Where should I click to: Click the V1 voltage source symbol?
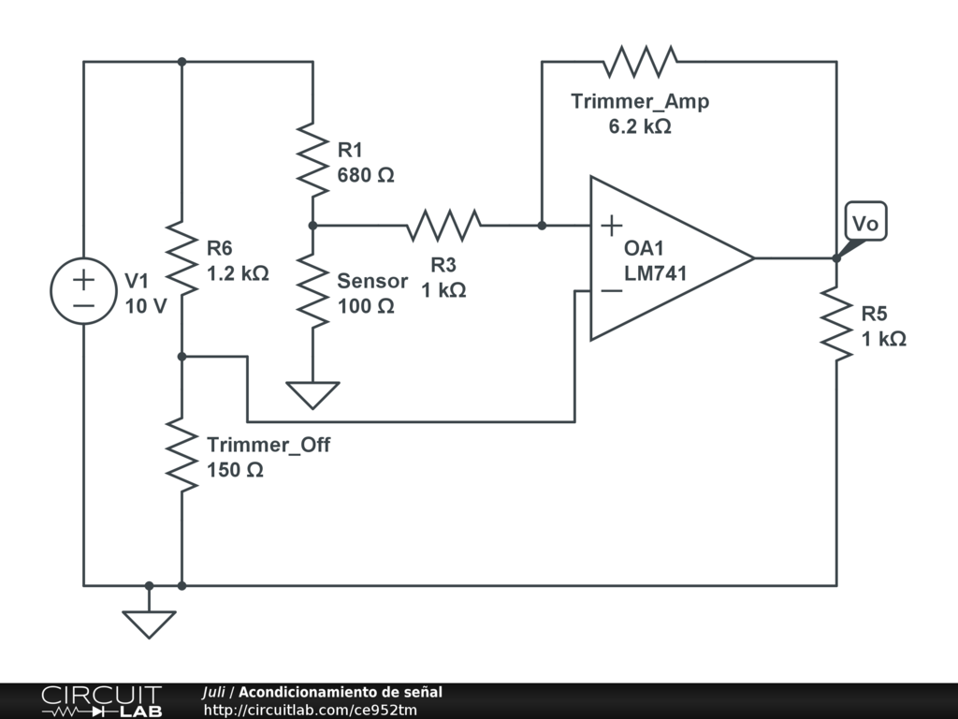84,291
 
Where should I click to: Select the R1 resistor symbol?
312,157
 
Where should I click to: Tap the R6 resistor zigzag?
181,257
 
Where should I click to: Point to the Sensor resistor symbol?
312,291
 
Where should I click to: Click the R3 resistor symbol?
443,226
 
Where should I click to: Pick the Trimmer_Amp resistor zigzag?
640,62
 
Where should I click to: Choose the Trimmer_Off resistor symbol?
181,455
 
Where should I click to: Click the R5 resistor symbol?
836,324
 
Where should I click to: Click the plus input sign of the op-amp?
611,225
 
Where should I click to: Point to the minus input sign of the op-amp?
611,290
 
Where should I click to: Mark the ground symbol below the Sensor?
312,394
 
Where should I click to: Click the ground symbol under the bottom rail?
149,623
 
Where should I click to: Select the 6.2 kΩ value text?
640,126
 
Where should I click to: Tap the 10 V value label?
146,306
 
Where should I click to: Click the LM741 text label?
656,273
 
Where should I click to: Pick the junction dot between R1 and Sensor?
312,226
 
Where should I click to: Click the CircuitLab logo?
101,701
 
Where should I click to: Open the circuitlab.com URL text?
311,710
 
